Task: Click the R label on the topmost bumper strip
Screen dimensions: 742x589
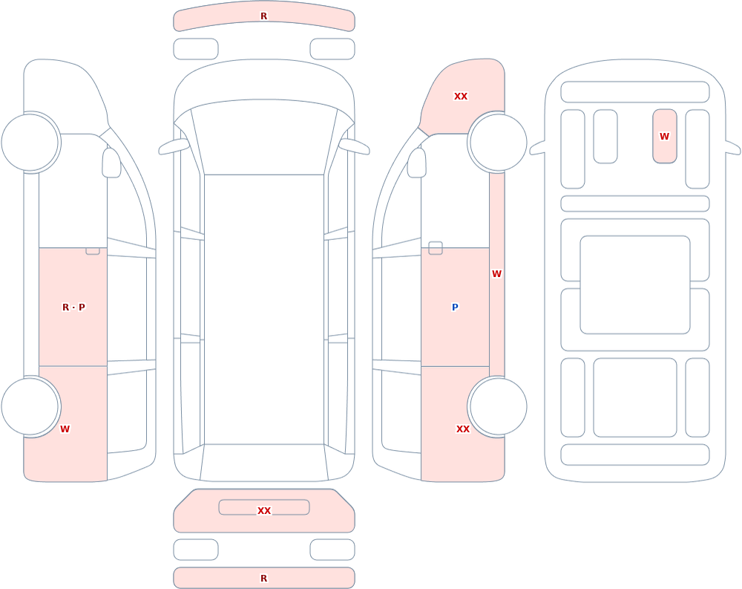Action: point(263,16)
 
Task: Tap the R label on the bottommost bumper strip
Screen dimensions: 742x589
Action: point(263,578)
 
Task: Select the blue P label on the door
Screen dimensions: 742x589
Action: point(455,307)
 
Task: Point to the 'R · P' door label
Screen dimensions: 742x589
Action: point(73,307)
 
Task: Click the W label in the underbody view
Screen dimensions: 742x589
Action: point(664,137)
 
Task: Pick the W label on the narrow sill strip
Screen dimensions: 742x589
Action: point(496,274)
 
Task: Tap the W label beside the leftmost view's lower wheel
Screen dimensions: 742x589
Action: point(65,429)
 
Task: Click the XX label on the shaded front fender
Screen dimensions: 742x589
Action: point(461,97)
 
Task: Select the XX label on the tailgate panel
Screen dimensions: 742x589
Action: point(263,510)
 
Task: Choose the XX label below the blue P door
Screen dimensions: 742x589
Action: point(462,429)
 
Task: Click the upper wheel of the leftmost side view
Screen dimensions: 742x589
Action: point(30,142)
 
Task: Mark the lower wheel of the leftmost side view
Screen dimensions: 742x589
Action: point(30,406)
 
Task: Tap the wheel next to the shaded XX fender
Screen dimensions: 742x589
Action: point(498,142)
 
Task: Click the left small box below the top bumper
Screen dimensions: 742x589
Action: point(196,49)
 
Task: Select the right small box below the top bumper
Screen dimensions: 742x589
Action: point(332,49)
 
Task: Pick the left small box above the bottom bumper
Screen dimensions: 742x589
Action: point(196,550)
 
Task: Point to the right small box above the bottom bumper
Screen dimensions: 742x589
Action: point(332,550)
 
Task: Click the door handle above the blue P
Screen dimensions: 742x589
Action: point(436,248)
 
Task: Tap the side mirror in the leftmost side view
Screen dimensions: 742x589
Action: point(111,163)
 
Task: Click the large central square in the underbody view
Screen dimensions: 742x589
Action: point(635,284)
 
